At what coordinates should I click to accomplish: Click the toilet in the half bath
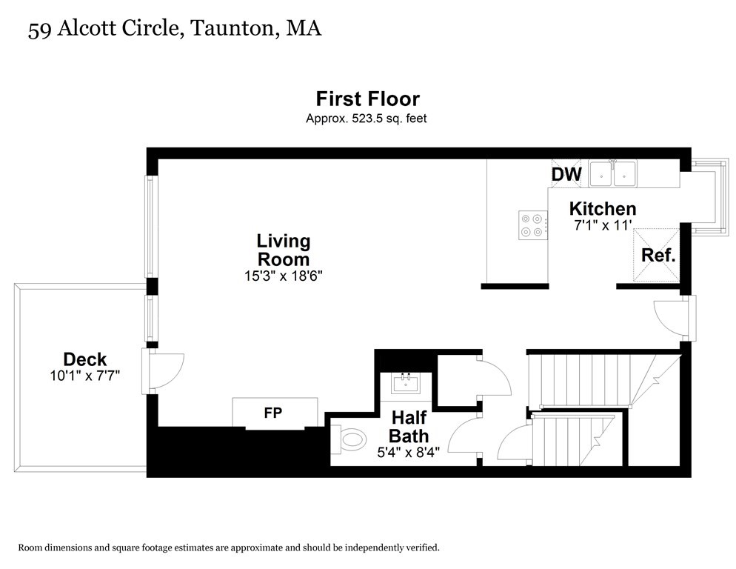pyautogui.click(x=348, y=440)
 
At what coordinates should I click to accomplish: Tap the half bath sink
pyautogui.click(x=406, y=383)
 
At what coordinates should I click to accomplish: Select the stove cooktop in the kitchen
pyautogui.click(x=533, y=225)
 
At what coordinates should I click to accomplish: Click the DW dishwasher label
pyautogui.click(x=566, y=174)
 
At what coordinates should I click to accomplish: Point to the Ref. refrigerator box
pyautogui.click(x=656, y=255)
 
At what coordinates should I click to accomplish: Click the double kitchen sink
pyautogui.click(x=613, y=174)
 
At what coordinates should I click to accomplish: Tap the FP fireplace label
pyautogui.click(x=273, y=413)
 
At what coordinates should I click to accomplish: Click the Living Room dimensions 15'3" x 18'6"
pyautogui.click(x=284, y=276)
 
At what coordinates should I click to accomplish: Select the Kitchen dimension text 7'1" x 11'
pyautogui.click(x=603, y=225)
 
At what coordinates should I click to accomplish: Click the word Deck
pyautogui.click(x=85, y=359)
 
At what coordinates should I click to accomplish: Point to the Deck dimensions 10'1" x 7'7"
pyautogui.click(x=85, y=376)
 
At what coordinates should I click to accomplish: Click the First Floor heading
pyautogui.click(x=367, y=99)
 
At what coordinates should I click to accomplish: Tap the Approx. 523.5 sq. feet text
pyautogui.click(x=366, y=119)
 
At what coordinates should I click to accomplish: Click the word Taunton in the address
pyautogui.click(x=232, y=28)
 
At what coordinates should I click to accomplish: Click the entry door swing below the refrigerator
pyautogui.click(x=666, y=319)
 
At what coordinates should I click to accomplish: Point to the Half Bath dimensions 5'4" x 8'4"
pyautogui.click(x=409, y=453)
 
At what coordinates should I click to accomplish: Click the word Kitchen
pyautogui.click(x=603, y=209)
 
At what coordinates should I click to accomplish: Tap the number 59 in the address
pyautogui.click(x=39, y=30)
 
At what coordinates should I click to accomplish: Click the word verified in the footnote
pyautogui.click(x=424, y=548)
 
